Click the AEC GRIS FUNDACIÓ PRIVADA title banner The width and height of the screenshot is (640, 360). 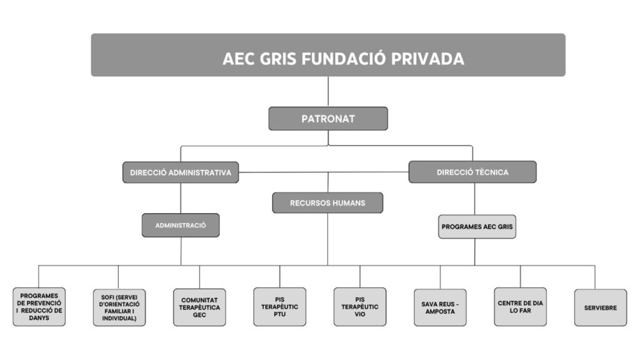(x=328, y=55)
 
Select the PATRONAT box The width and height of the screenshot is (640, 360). (x=328, y=118)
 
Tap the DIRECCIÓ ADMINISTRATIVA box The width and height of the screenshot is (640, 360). (x=181, y=172)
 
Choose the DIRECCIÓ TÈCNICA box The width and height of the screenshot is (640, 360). (x=472, y=172)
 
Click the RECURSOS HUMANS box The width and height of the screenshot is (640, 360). (x=327, y=202)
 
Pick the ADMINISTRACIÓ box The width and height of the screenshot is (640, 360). (x=181, y=225)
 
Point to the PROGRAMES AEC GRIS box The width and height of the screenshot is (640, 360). (x=477, y=227)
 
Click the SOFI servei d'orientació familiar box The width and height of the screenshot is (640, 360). (x=119, y=307)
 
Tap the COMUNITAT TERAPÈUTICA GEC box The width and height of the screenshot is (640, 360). (x=199, y=307)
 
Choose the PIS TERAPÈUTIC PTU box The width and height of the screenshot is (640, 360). (x=280, y=306)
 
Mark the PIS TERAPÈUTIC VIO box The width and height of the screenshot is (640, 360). (x=359, y=306)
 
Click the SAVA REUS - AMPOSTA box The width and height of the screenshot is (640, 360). (x=440, y=307)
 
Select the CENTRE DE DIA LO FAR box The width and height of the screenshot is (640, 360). (x=520, y=307)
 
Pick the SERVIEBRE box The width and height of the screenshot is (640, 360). (x=600, y=307)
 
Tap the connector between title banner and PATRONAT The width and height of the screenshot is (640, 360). (x=328, y=91)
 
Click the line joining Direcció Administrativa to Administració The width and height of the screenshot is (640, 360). (x=181, y=198)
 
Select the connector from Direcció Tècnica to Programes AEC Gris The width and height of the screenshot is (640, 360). (x=474, y=199)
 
